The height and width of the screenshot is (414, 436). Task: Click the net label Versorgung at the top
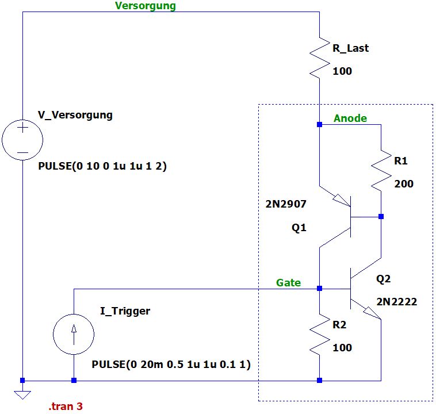click(x=146, y=6)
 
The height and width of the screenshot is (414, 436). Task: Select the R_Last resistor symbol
click(x=319, y=57)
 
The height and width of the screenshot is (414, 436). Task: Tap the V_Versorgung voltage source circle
click(x=22, y=140)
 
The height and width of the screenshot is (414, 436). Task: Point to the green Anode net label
click(x=350, y=118)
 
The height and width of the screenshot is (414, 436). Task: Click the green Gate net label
click(x=289, y=283)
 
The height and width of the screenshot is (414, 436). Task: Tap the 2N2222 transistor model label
click(x=396, y=301)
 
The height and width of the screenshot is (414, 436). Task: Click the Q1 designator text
click(x=299, y=228)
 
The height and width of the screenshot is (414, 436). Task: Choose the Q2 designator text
click(x=383, y=279)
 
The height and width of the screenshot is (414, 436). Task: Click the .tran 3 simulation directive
click(x=66, y=407)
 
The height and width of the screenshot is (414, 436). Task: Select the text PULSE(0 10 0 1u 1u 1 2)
click(x=102, y=167)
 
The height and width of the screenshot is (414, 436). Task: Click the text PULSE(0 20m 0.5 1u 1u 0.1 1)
click(x=171, y=365)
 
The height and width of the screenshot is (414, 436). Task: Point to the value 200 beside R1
click(x=404, y=184)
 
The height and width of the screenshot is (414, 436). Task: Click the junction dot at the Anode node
click(x=319, y=124)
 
